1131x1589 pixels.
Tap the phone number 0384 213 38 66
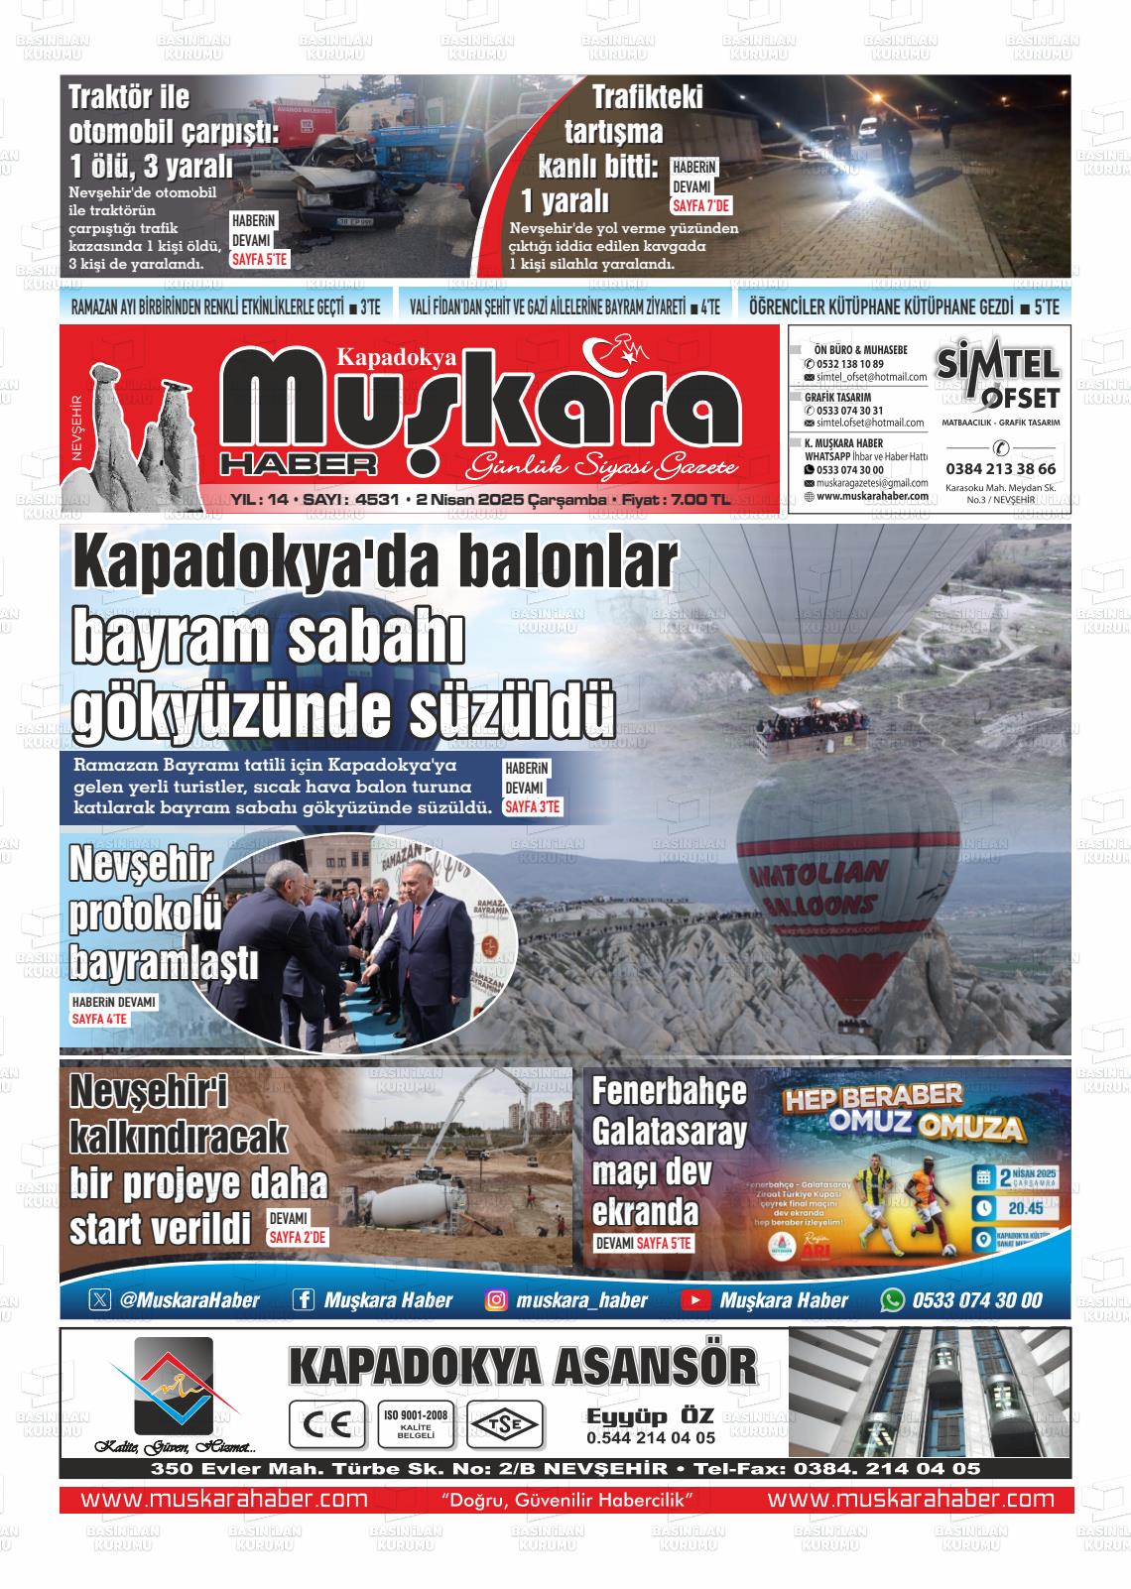point(1000,469)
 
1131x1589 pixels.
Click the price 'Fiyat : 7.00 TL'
point(676,501)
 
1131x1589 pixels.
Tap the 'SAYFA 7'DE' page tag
point(701,206)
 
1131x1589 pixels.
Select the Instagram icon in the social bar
point(496,1299)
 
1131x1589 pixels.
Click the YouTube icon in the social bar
point(694,1299)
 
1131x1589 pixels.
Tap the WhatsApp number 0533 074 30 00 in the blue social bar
point(976,1299)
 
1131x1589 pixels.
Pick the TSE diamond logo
point(507,1424)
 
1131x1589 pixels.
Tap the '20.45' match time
point(1025,1208)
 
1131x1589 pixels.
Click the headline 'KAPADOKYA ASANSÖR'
point(522,1366)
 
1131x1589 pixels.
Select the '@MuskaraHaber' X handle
point(188,1299)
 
